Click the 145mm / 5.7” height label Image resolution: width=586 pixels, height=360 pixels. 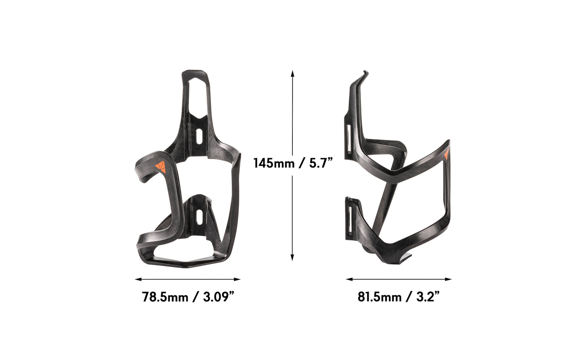293,163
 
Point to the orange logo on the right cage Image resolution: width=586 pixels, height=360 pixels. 446,154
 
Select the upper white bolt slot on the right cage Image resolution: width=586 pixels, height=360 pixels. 348,139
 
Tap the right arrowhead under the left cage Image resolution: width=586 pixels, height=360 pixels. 238,279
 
